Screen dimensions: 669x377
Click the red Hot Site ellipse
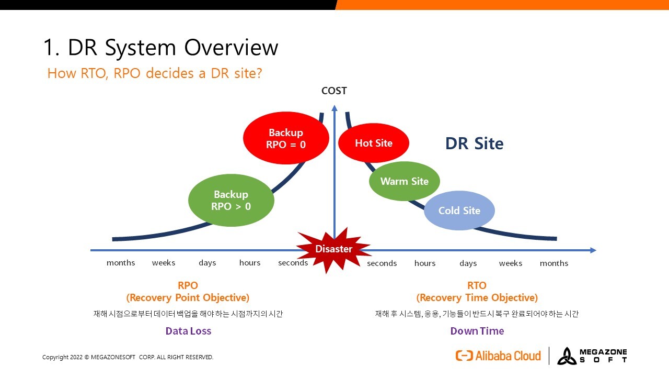374,143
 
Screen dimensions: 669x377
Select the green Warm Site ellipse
405,181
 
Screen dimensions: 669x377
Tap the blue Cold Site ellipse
459,210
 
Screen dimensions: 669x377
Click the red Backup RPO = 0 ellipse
286,138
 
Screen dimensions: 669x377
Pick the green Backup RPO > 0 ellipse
231,200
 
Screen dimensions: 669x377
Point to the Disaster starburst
333,249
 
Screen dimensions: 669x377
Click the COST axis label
334,91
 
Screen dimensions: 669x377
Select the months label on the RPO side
121,263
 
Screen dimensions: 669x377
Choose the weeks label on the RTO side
511,263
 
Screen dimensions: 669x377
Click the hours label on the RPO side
250,263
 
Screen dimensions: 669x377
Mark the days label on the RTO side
468,263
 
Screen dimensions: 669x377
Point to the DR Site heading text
474,143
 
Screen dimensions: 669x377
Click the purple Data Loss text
188,331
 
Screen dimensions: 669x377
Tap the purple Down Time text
477,331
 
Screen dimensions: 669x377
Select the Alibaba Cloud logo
498,356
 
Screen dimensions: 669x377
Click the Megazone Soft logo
592,356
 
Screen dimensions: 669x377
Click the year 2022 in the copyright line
76,357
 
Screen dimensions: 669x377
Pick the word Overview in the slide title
231,47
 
